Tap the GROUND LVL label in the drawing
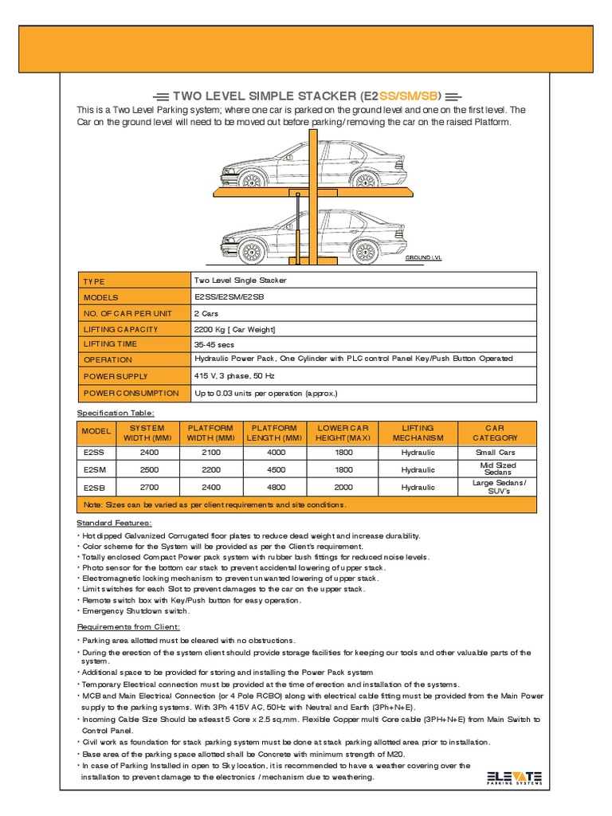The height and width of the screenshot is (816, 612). pyautogui.click(x=423, y=258)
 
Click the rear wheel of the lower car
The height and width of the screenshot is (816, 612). pyautogui.click(x=365, y=252)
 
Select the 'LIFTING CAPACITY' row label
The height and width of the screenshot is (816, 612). pyautogui.click(x=120, y=329)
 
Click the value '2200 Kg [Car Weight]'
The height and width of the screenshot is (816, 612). pyautogui.click(x=235, y=329)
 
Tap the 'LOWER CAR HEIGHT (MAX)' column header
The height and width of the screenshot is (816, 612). pyautogui.click(x=343, y=433)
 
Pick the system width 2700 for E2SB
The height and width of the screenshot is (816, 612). pyautogui.click(x=149, y=487)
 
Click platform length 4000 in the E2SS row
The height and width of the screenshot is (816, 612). pyautogui.click(x=274, y=453)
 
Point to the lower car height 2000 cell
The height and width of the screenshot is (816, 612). pyautogui.click(x=343, y=487)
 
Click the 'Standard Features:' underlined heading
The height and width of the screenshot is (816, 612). pyautogui.click(x=114, y=523)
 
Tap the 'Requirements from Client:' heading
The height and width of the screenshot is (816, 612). pyautogui.click(x=128, y=627)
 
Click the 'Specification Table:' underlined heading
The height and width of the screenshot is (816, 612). pyautogui.click(x=116, y=413)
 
